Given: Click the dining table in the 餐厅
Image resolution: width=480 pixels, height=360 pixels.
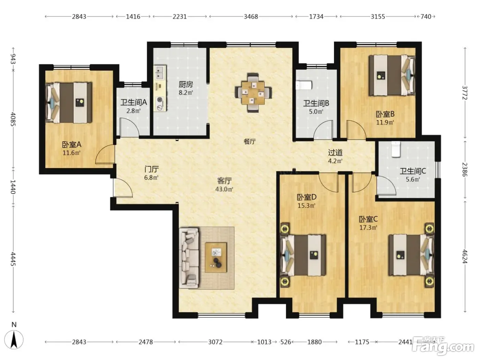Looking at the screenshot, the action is pyautogui.click(x=253, y=93).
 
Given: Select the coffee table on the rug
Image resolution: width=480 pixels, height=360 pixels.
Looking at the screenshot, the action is pyautogui.click(x=216, y=257).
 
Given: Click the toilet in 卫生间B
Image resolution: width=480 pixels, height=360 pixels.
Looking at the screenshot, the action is pyautogui.click(x=304, y=85).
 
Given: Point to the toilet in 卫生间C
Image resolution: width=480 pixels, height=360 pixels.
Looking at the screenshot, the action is pyautogui.click(x=396, y=149).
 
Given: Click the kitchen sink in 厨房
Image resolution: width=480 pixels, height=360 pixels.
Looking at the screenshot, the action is pyautogui.click(x=160, y=72).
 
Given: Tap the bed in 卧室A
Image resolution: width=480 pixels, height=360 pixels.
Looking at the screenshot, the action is pyautogui.click(x=69, y=103).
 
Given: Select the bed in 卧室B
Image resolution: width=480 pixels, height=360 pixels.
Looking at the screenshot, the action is pyautogui.click(x=392, y=75).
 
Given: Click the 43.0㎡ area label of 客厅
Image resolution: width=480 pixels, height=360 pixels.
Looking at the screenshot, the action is pyautogui.click(x=224, y=189).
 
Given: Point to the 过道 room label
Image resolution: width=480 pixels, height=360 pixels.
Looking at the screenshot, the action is pyautogui.click(x=335, y=153).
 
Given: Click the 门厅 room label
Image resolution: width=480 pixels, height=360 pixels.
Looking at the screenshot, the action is pyautogui.click(x=151, y=169).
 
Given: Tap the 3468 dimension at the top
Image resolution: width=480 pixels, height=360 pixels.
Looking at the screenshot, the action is pyautogui.click(x=251, y=16).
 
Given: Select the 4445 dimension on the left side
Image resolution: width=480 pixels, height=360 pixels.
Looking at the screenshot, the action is pyautogui.click(x=13, y=259).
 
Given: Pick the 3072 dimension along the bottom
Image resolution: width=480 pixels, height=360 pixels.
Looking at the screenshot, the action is pyautogui.click(x=215, y=342).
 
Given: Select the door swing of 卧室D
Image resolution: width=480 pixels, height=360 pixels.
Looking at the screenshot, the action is pyautogui.click(x=328, y=182).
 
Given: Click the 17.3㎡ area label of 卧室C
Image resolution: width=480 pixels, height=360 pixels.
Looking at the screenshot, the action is pyautogui.click(x=369, y=228).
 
